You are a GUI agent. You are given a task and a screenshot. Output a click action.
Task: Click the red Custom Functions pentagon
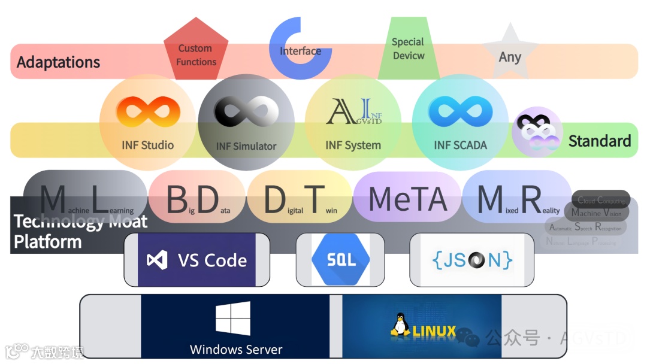pos(196,51)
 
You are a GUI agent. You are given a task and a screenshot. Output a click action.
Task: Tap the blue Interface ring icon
pos(300,48)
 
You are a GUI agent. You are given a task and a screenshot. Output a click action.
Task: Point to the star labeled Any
pos(510,54)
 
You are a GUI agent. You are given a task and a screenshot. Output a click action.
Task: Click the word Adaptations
pos(58,62)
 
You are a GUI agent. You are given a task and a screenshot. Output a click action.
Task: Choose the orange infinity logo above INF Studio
pos(147,112)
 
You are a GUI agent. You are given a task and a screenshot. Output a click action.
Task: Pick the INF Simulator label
pos(246,146)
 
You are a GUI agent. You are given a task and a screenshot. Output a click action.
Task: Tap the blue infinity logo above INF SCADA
pos(460,112)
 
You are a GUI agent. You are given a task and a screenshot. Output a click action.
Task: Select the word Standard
pos(600,141)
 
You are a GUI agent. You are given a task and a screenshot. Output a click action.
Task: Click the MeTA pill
pos(408,199)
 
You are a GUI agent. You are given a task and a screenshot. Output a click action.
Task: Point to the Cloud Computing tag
pos(601,201)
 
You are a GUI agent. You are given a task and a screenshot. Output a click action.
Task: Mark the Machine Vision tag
pos(596,213)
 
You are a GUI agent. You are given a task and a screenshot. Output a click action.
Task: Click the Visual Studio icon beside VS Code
pos(157,260)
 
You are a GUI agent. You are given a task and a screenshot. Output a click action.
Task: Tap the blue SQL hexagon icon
pos(341,260)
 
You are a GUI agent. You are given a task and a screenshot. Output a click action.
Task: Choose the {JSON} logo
pos(472,260)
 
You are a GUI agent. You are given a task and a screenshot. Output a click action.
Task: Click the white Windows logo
pos(233,318)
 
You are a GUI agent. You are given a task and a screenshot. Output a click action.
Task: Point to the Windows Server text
pos(235,350)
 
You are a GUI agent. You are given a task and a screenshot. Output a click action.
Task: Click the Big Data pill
pos(197,200)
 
